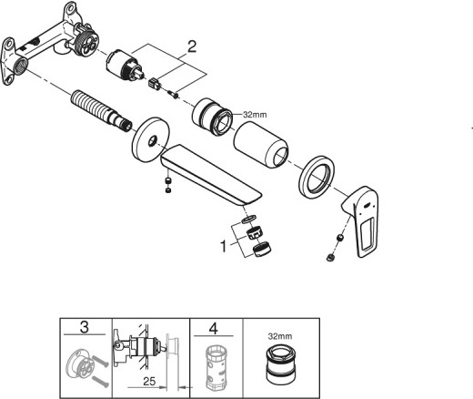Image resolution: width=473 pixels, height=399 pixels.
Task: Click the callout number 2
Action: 192,47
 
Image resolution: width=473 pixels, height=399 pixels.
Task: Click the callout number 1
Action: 224,246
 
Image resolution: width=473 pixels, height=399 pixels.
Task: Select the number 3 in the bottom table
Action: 85,327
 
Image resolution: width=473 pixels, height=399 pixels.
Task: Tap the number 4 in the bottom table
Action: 213,328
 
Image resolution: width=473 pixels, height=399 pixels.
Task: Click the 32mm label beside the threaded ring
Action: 255,115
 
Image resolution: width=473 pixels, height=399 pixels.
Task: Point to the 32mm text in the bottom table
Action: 280,336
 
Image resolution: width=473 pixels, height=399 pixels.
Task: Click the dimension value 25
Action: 149,381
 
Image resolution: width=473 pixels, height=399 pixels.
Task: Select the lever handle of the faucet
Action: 361,221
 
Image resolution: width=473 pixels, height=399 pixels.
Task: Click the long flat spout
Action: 210,177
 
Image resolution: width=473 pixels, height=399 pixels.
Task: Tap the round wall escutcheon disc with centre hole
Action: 151,141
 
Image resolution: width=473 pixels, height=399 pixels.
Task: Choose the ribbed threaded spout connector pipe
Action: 101,109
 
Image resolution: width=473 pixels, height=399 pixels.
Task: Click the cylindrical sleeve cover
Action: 261,144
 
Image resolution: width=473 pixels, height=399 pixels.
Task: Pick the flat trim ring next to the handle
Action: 317,178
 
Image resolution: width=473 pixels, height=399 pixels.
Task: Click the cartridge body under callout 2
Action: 125,66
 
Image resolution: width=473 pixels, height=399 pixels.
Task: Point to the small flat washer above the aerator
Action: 249,219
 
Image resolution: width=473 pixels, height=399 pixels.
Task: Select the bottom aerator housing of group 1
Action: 262,249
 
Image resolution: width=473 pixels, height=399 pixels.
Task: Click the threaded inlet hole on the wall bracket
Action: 21,66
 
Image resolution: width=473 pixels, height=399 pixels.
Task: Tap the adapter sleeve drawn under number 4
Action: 216,368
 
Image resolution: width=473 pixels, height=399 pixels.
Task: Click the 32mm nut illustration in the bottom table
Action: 281,366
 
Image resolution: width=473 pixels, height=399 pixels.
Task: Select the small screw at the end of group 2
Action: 174,95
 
